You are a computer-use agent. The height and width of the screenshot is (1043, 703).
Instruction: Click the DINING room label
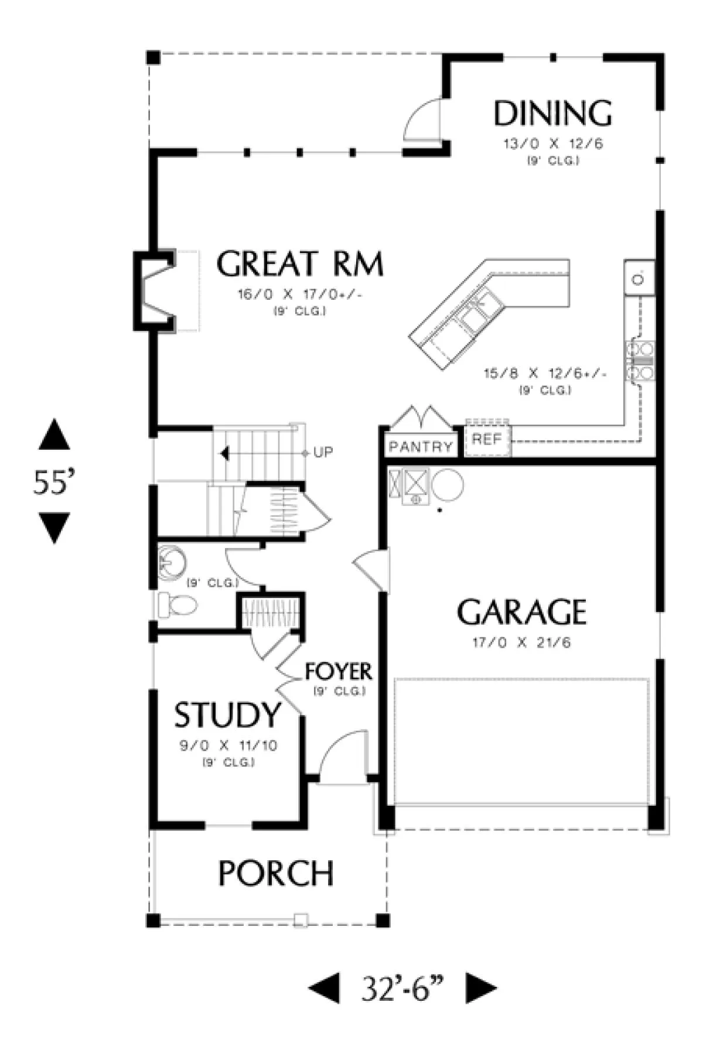pos(552,114)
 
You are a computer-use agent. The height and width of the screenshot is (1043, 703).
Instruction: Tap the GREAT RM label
pos(300,264)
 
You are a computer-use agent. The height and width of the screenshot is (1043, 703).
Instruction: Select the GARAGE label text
pos(521,612)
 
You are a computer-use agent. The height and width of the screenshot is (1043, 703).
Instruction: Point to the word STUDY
pos(227,715)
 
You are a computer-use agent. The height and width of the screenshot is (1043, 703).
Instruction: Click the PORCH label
pos(276,873)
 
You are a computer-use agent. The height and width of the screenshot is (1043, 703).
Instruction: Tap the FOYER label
pos(339,672)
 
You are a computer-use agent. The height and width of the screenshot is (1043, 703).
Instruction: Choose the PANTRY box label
pos(421,447)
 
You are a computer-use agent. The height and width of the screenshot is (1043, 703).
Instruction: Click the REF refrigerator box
pos(487,439)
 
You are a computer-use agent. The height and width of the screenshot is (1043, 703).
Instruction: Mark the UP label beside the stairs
pos(323,453)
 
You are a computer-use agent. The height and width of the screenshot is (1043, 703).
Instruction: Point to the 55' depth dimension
pos(54,483)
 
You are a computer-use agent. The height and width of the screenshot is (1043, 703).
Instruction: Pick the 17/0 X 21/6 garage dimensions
pos(521,642)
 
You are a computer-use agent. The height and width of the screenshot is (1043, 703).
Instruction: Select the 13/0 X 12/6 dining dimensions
pos(553,143)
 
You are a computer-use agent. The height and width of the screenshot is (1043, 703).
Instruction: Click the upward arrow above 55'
pos(54,435)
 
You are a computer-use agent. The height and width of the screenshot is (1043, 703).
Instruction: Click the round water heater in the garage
pos(448,485)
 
